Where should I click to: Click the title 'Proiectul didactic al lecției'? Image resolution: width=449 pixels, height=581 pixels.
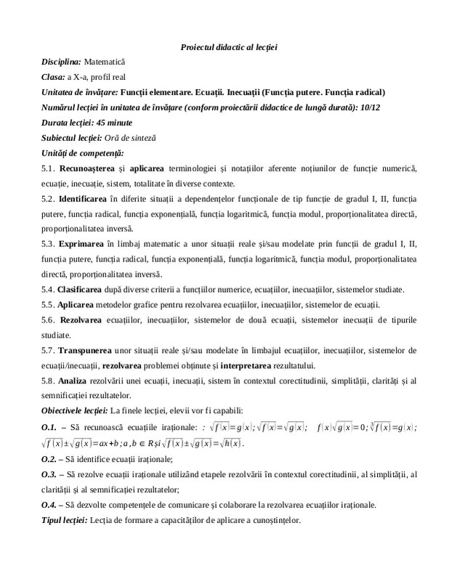(x=229, y=47)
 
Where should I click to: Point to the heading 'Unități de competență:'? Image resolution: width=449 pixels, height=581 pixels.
(x=83, y=153)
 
